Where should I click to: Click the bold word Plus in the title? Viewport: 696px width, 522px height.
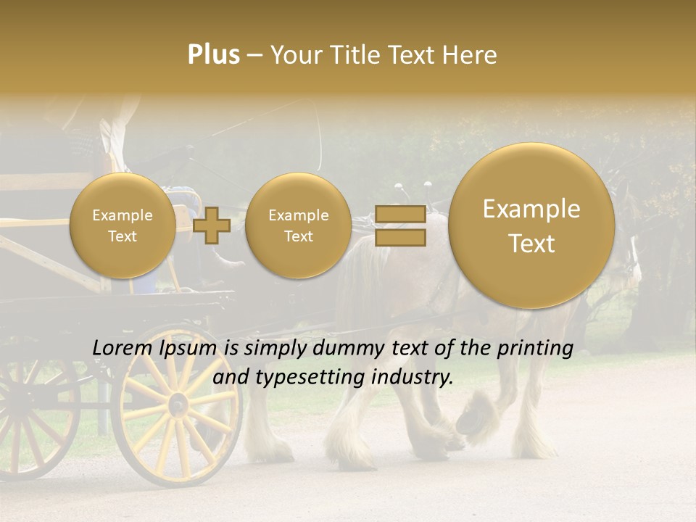click(x=213, y=55)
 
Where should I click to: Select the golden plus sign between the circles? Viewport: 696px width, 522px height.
click(x=212, y=225)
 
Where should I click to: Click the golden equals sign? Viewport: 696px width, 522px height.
click(x=399, y=225)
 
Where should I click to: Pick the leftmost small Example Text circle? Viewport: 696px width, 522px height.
click(x=123, y=225)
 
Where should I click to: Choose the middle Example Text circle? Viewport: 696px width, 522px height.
click(x=298, y=225)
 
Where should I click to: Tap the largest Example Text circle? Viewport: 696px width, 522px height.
click(x=531, y=225)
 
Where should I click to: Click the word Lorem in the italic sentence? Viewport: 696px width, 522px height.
click(x=123, y=349)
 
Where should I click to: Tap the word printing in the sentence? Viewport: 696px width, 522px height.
click(x=536, y=349)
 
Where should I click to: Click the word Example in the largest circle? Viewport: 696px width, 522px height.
click(x=531, y=209)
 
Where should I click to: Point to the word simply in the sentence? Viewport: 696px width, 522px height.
click(x=276, y=349)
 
